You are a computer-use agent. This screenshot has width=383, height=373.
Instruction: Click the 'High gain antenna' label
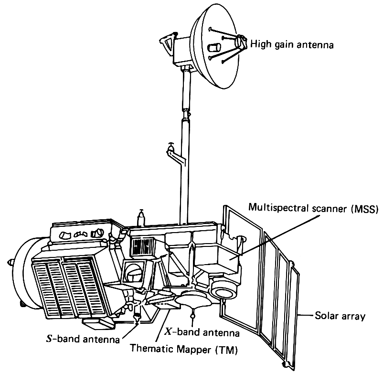point(291,44)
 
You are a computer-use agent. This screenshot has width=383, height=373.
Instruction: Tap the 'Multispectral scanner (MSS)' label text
point(313,208)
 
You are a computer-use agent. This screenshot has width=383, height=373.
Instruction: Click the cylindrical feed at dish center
point(216,47)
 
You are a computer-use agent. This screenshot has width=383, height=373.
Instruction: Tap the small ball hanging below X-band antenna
point(193,316)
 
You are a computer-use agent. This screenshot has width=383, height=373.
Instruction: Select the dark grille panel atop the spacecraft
point(143,247)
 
